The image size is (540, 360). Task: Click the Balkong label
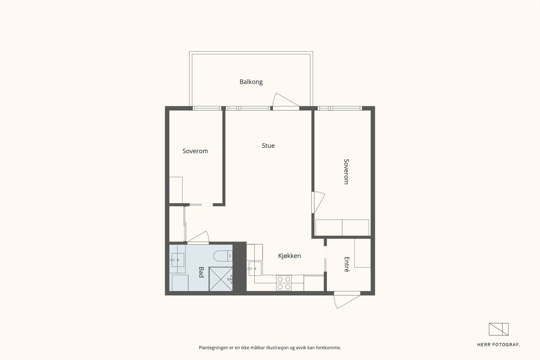click(251, 82)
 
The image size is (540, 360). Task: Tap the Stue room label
click(268, 146)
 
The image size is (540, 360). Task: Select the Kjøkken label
click(289, 256)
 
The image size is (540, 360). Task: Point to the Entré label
click(346, 264)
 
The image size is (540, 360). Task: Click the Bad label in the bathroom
click(201, 272)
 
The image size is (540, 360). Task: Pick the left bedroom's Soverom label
click(195, 151)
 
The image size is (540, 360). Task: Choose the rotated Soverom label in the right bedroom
click(346, 171)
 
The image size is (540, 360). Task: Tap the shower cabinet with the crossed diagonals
click(220, 279)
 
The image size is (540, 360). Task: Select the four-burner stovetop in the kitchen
click(284, 283)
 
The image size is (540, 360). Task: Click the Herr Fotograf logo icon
click(498, 329)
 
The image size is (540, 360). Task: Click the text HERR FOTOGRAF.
click(498, 344)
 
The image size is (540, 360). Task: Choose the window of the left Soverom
click(206, 108)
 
